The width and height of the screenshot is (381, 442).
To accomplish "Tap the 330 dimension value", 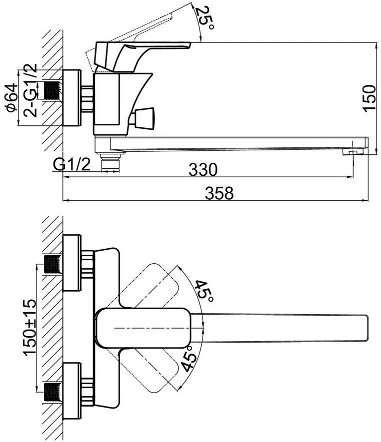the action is tap(203, 169).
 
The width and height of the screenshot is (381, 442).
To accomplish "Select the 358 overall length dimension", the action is tap(219, 193).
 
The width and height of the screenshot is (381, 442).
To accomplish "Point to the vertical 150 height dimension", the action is tap(369, 98).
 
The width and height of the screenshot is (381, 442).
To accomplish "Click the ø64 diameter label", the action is tap(12, 98).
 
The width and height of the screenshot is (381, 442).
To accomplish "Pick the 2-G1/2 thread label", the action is tap(30, 90).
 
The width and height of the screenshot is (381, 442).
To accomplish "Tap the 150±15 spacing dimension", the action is tap(30, 328).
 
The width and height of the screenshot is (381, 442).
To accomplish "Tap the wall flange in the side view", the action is tap(71, 97).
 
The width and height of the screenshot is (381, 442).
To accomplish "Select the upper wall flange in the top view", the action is tap(71, 263).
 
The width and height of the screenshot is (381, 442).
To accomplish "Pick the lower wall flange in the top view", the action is tap(71, 391).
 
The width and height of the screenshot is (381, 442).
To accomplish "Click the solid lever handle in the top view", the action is tap(143, 328).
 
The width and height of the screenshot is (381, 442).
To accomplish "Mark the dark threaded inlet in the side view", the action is tap(52, 90).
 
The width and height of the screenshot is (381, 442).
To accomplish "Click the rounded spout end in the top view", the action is tap(364, 328).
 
